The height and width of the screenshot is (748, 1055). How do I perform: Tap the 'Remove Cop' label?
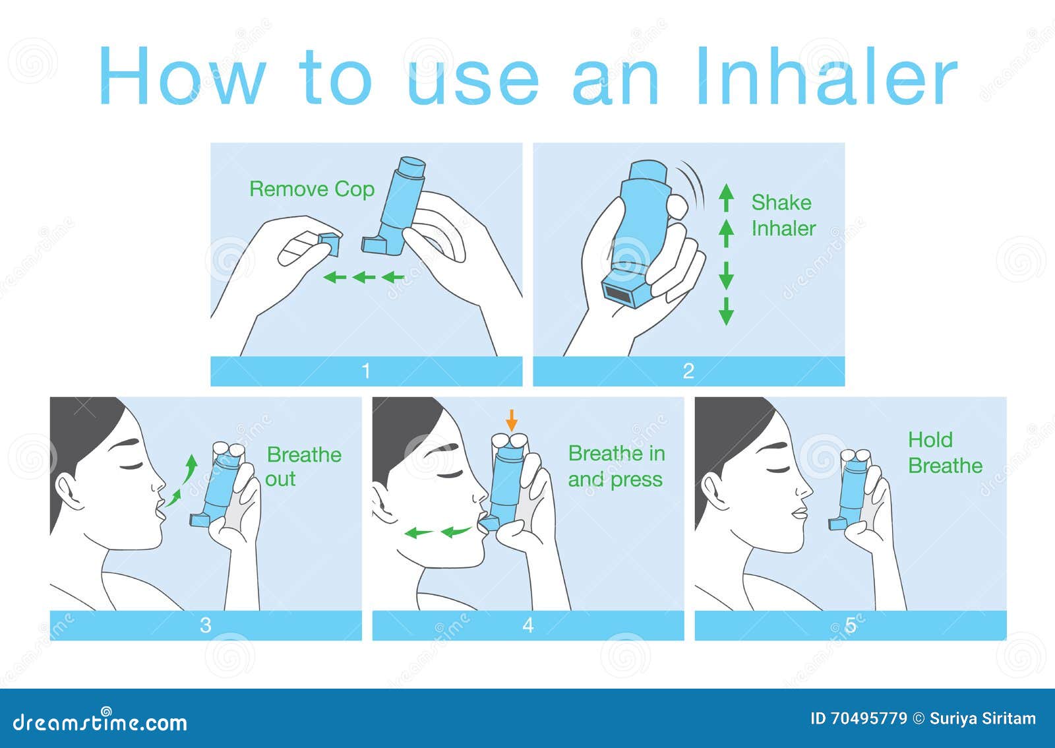point(312,189)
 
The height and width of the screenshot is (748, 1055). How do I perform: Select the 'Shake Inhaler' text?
point(783,215)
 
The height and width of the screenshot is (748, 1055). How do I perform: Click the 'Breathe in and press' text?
point(617,466)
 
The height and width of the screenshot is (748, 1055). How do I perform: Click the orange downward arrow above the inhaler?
point(512,420)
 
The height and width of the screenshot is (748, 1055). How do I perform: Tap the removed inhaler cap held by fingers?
point(330,243)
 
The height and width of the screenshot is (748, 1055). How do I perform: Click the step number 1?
point(366,371)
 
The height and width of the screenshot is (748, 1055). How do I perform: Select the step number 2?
point(688,371)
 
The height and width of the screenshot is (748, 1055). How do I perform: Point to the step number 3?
point(205,625)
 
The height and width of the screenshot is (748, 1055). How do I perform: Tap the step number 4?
point(528,625)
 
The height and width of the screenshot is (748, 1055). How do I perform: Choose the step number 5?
point(851,625)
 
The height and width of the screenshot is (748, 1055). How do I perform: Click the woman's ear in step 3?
point(71,492)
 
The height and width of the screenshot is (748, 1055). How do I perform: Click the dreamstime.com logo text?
point(100,722)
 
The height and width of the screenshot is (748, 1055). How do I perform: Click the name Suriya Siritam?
point(982,719)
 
